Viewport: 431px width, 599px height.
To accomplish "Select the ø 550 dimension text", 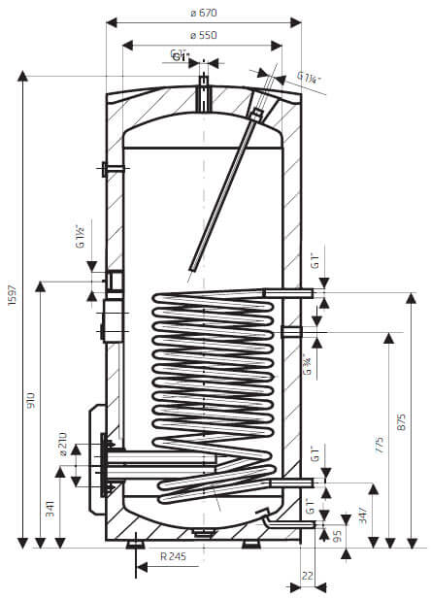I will (204, 34).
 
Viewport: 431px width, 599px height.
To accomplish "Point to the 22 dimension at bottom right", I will (308, 575).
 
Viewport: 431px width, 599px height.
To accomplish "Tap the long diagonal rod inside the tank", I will (226, 189).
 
